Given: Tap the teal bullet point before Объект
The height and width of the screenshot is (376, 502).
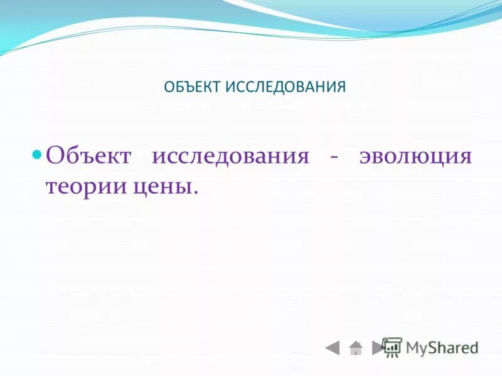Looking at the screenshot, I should [x=37, y=154].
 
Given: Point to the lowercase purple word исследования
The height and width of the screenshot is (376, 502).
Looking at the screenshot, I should [x=230, y=155].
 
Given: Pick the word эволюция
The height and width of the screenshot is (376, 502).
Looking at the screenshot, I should [x=415, y=155].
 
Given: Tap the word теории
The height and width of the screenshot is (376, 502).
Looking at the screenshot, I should [x=82, y=187].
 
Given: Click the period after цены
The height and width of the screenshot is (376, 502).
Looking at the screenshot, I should [x=195, y=192].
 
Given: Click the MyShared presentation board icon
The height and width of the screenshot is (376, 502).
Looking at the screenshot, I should [x=392, y=347].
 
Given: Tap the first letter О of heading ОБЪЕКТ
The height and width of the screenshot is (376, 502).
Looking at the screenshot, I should [x=168, y=86].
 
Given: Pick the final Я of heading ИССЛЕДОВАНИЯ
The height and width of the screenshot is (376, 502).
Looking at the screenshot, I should [x=342, y=86].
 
